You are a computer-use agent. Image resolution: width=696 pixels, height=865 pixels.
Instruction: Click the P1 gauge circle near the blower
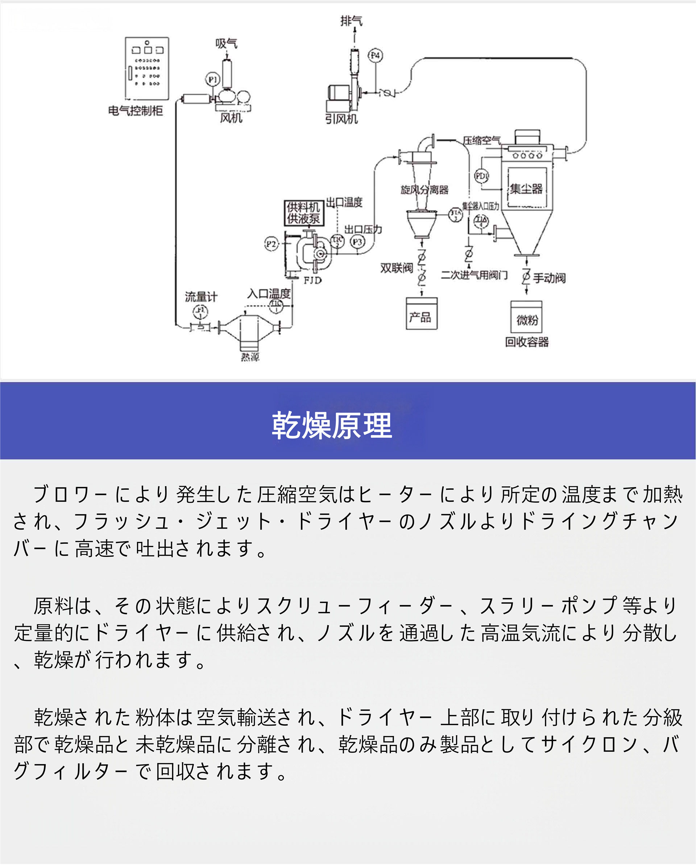[212, 79]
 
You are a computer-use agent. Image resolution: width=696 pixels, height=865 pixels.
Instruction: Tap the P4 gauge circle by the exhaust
[375, 56]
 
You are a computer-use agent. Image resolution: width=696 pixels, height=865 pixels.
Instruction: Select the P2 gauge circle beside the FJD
[272, 244]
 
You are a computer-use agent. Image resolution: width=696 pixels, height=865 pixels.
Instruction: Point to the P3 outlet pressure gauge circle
[357, 242]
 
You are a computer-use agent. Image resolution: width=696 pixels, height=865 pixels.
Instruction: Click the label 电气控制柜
[136, 111]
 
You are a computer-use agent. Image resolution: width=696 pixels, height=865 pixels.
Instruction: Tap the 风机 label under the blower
[231, 118]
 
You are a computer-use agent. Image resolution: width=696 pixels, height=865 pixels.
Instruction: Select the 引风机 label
[341, 119]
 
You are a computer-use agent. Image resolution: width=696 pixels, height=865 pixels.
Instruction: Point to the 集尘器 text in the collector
[526, 188]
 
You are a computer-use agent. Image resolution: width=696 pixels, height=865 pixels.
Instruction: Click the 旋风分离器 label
[424, 189]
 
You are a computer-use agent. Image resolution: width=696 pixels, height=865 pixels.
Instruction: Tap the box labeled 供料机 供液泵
[303, 213]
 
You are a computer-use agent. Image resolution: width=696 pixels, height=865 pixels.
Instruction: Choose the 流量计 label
[201, 297]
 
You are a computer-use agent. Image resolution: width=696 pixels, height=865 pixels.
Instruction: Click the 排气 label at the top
[351, 21]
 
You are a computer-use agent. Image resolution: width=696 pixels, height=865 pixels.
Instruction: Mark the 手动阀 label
[549, 278]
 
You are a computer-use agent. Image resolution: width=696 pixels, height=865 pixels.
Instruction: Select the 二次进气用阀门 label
[474, 275]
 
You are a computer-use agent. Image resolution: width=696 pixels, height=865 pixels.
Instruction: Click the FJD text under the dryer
[312, 280]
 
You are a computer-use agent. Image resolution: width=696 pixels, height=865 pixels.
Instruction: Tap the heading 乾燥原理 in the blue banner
[332, 425]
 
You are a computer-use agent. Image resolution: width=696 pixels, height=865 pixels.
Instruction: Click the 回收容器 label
[526, 342]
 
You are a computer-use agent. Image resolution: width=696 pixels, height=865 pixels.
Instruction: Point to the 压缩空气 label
[481, 140]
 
